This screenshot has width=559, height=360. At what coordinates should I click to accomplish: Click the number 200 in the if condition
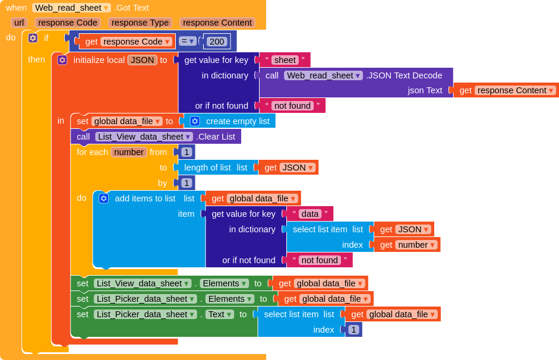point(217,42)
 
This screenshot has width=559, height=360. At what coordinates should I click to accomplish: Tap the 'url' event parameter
point(19,23)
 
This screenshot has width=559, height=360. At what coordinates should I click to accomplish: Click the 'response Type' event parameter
point(140,23)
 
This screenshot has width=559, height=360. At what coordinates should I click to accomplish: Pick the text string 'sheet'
point(285,60)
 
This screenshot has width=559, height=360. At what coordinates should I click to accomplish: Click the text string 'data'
point(310,214)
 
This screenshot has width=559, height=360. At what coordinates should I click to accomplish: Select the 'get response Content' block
point(506,90)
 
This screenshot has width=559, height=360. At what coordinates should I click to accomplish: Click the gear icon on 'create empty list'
point(195,121)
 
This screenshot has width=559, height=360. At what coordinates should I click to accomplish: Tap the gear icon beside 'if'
point(33,38)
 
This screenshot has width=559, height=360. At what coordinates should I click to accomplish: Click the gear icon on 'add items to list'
point(103,198)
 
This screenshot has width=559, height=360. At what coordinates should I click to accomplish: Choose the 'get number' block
point(407,245)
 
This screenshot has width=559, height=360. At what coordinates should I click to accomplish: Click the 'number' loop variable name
point(129,152)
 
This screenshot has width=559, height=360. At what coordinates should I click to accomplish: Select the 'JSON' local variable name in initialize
point(142,60)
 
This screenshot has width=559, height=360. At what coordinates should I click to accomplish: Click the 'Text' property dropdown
point(220,314)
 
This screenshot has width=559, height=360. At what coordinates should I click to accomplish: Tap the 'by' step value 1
point(186,183)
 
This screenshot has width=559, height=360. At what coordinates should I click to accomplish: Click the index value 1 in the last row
point(353,330)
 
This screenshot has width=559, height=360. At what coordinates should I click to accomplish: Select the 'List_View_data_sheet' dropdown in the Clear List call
point(144,137)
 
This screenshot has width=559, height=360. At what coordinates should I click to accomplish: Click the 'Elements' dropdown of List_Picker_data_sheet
point(230,299)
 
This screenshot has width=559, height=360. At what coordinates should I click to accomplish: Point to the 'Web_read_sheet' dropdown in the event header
point(71,8)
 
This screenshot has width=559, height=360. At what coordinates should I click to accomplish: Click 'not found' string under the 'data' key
point(320,260)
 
